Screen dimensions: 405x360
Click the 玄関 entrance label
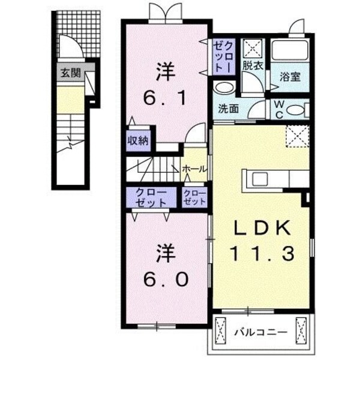point(70,73)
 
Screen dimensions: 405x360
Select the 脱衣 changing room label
point(252,65)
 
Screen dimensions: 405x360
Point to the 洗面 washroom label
point(229,109)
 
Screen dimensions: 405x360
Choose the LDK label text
point(262,228)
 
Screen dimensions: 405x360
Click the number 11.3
point(262,254)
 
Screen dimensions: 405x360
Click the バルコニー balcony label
point(260,332)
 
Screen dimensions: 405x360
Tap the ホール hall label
point(195,169)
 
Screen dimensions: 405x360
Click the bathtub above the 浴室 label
point(289,50)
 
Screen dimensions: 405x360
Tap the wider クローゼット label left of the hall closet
point(151,197)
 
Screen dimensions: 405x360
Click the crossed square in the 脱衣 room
point(251,47)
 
